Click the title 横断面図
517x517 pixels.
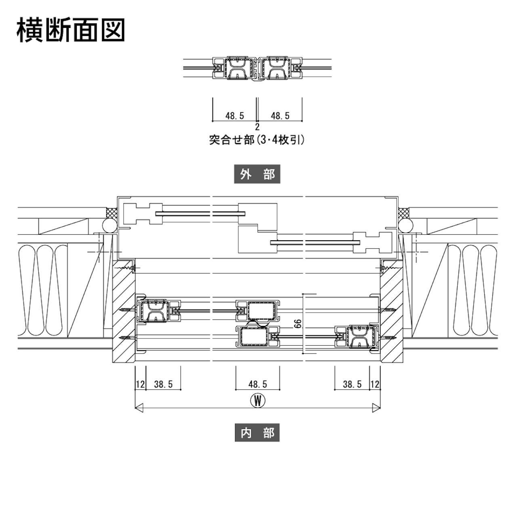70,30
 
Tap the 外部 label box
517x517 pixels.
257,174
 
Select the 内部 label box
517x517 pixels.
257,433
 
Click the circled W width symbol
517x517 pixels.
257,401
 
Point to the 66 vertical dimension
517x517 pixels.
298,323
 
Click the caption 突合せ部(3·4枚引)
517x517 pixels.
257,140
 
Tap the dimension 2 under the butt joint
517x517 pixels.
257,127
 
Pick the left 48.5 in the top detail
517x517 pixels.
235,116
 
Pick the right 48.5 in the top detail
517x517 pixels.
280,116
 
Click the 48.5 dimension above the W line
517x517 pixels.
258,384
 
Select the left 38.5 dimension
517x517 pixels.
163,384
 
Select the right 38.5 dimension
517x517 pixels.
352,384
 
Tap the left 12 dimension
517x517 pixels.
140,384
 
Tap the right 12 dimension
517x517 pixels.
375,384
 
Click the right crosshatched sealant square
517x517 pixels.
403,212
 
